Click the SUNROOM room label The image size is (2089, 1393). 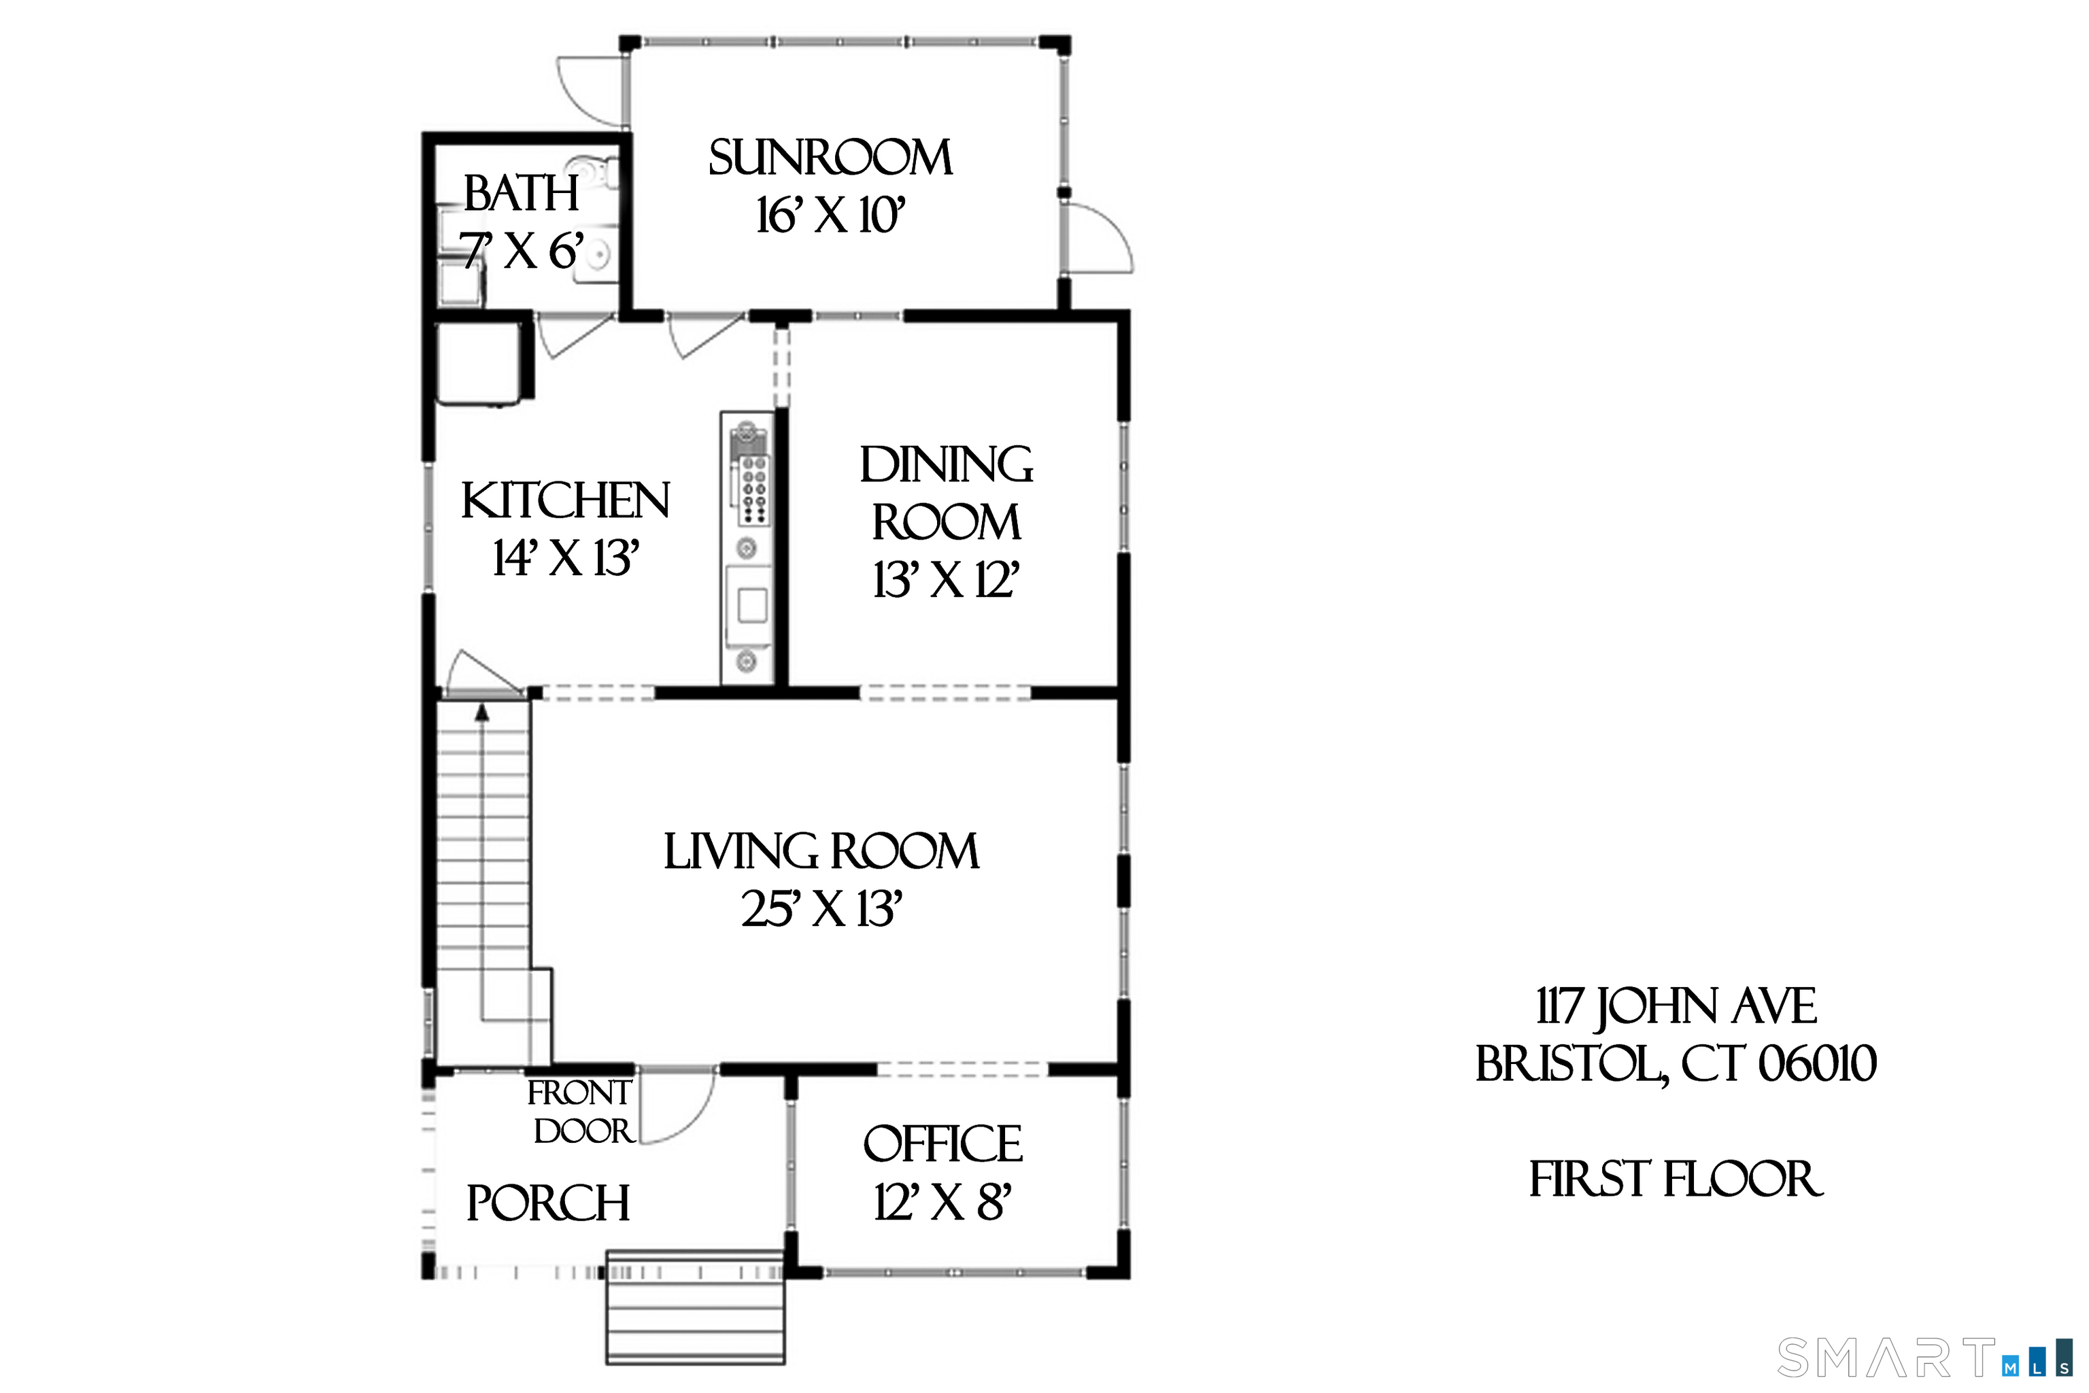(830, 158)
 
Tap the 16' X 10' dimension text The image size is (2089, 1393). (830, 216)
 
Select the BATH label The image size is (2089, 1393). (521, 193)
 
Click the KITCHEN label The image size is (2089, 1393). (565, 501)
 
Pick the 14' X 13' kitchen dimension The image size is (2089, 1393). (566, 559)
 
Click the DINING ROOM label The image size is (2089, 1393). (947, 493)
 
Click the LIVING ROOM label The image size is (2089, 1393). (821, 851)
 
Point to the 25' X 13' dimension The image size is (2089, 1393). (821, 909)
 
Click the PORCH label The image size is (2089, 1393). (547, 1204)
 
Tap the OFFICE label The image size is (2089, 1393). (942, 1144)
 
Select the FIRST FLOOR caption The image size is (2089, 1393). (1676, 1179)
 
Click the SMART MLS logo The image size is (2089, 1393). (1924, 1358)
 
